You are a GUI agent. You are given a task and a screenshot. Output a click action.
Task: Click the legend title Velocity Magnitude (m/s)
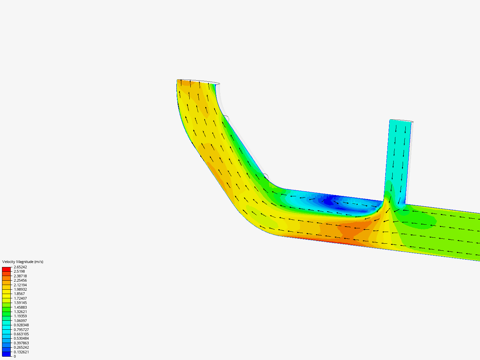tap(23, 262)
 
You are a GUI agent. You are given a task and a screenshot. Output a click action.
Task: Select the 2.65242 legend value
tap(20, 267)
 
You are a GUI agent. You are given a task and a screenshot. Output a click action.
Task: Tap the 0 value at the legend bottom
tap(15, 356)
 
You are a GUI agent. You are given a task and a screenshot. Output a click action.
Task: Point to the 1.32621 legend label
tap(20, 312)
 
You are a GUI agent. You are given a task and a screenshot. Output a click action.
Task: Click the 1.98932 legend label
tap(20, 289)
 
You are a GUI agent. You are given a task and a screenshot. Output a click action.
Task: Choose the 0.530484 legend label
tap(21, 338)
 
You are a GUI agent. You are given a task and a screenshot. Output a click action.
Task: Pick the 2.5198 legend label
tap(19, 271)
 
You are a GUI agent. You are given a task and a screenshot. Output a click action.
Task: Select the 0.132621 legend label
tap(21, 352)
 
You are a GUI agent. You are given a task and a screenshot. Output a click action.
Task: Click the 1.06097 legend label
tap(20, 321)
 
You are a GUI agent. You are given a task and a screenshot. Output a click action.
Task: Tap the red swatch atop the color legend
tap(6, 269)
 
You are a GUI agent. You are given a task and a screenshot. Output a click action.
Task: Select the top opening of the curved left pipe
tap(198, 81)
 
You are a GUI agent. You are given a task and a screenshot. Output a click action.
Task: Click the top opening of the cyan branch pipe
tap(401, 121)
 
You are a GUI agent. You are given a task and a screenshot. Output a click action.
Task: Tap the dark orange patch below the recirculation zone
tap(350, 230)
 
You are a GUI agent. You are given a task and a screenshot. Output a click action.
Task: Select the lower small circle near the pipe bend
tap(266, 176)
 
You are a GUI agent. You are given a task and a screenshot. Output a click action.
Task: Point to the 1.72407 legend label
tap(20, 298)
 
